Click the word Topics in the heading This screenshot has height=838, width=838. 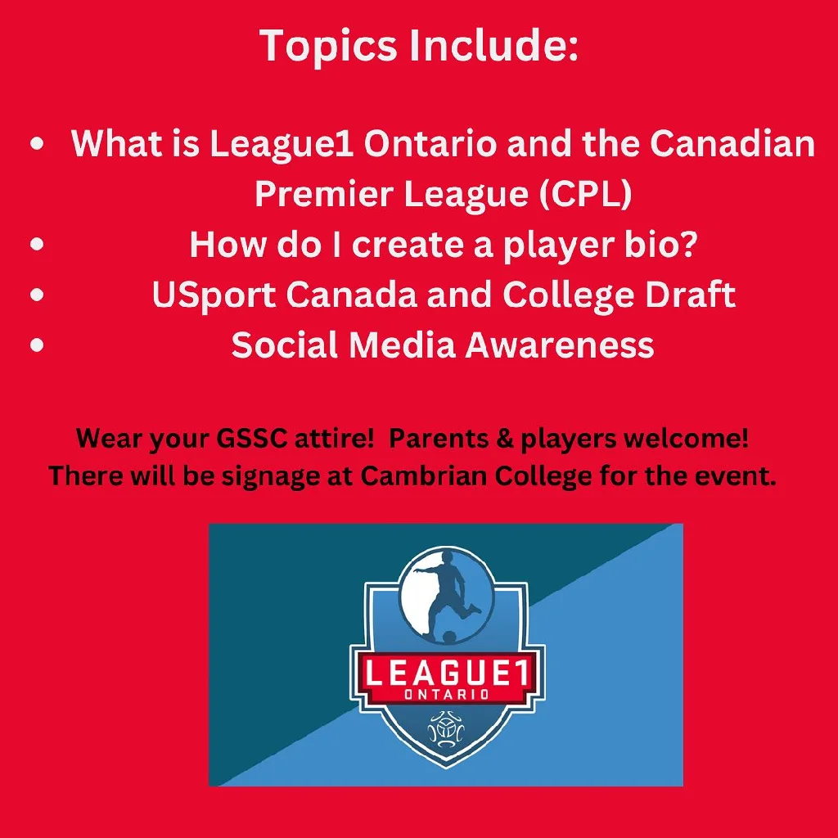coord(329,47)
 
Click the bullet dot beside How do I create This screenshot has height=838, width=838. coord(37,244)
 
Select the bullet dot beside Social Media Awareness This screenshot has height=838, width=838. coord(37,345)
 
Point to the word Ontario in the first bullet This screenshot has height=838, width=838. coord(430,143)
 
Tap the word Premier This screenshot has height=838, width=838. coord(324,193)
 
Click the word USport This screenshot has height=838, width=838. coord(214,295)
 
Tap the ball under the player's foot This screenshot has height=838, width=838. coord(450,637)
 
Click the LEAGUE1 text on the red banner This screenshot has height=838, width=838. coord(447,672)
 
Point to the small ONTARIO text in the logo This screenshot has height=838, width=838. coord(447,694)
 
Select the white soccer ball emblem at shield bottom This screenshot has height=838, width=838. coord(447,729)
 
